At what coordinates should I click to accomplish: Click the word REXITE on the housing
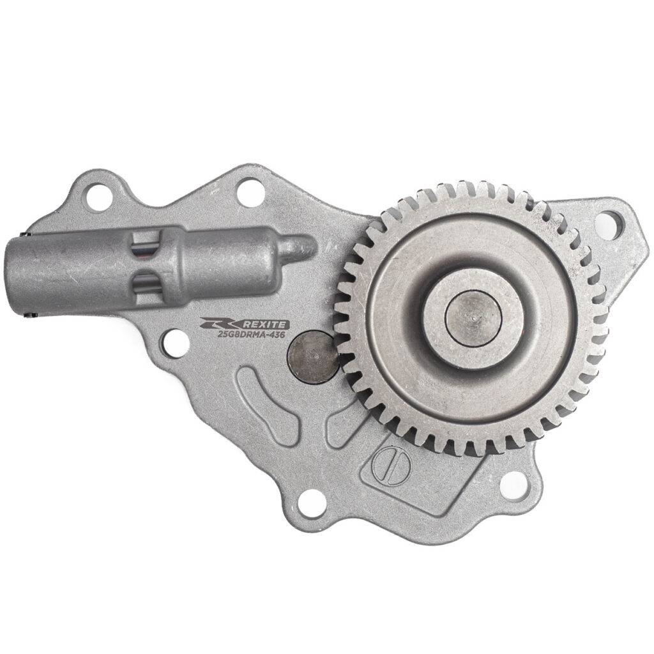pyautogui.click(x=266, y=324)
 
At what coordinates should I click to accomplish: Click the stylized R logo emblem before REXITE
pyautogui.click(x=222, y=323)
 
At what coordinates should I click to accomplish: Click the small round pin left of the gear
pyautogui.click(x=312, y=356)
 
